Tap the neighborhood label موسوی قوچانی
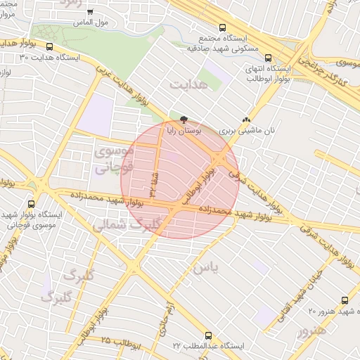(112, 160)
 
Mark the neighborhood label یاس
(205, 269)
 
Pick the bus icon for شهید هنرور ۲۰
(344, 300)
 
